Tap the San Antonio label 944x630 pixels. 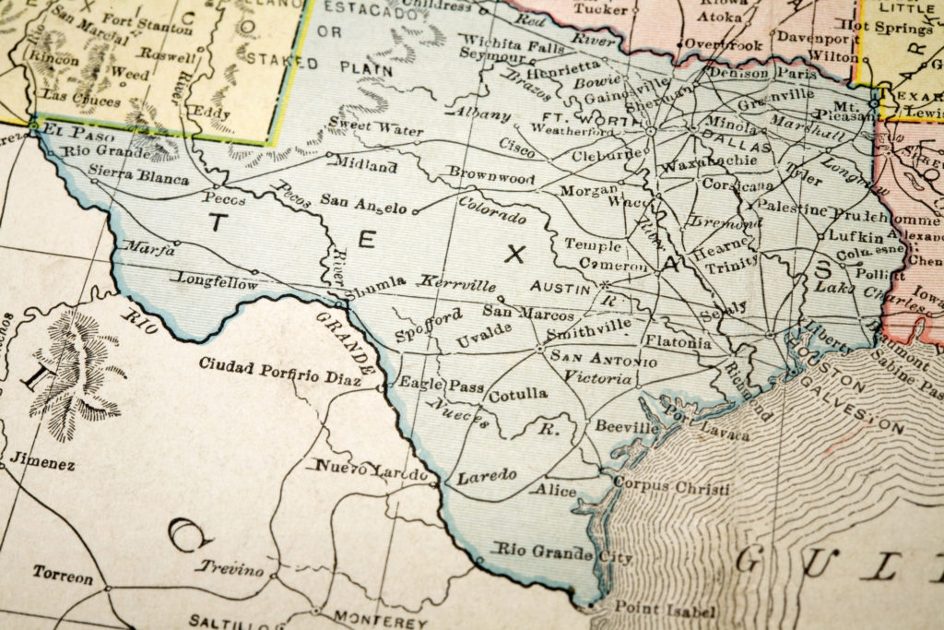tap(604, 359)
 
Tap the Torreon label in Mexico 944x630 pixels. tap(63, 576)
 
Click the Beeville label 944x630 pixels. tap(627, 428)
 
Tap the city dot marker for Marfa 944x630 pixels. tap(176, 243)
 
